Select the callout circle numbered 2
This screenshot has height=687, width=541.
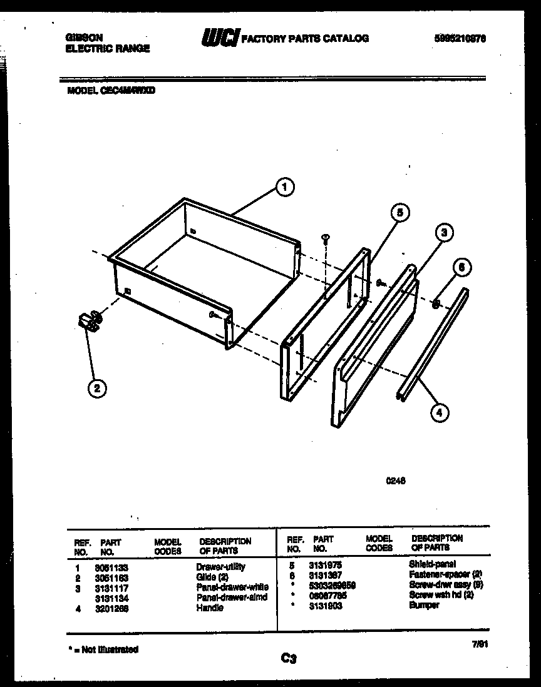click(95, 388)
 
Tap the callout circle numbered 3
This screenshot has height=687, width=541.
click(443, 233)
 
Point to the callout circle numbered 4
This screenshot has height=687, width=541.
click(440, 412)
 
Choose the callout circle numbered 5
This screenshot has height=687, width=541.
click(399, 213)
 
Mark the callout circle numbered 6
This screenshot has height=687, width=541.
click(461, 268)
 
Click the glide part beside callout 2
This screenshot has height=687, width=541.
click(90, 321)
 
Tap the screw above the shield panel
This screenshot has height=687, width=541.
click(326, 238)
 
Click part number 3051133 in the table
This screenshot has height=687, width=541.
click(108, 567)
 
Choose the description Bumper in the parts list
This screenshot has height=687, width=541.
click(424, 605)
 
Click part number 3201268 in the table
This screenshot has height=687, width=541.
click(108, 608)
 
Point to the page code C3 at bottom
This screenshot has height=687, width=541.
click(288, 658)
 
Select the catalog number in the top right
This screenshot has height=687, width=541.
click(460, 38)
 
